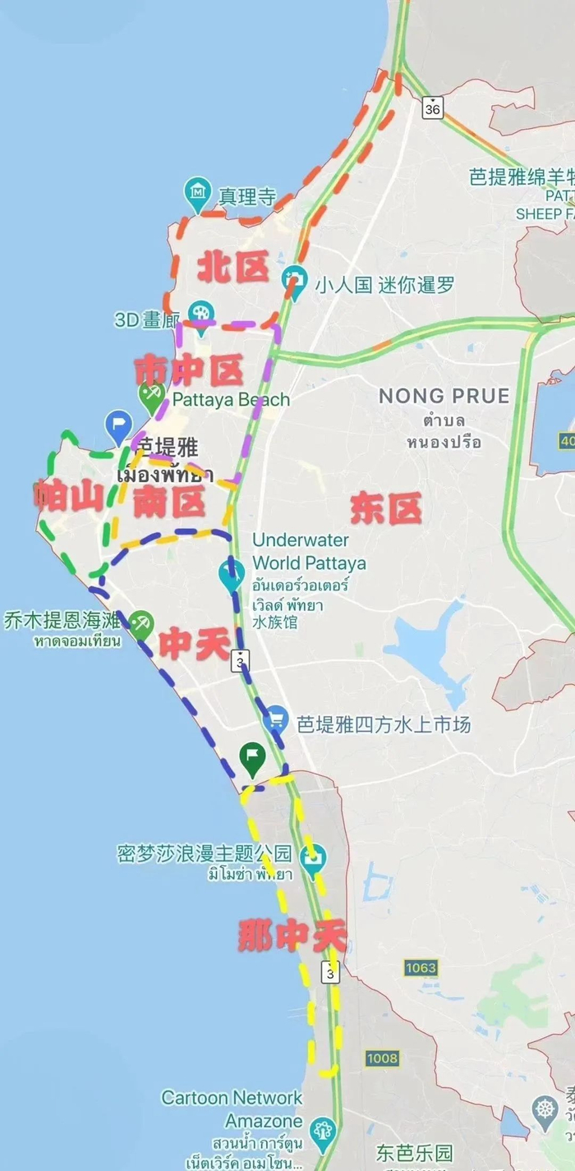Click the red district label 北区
tap(233, 268)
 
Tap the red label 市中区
tap(189, 370)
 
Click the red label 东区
tap(385, 509)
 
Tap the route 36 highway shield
tap(433, 108)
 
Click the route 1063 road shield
tap(420, 968)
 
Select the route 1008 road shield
tap(382, 1058)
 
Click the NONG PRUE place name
tap(444, 396)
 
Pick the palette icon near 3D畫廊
tap(200, 313)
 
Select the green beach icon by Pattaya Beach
tap(152, 397)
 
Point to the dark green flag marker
tap(251, 758)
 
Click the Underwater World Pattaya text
tap(308, 552)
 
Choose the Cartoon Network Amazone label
tap(232, 1109)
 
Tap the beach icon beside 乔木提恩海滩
tap(141, 624)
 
